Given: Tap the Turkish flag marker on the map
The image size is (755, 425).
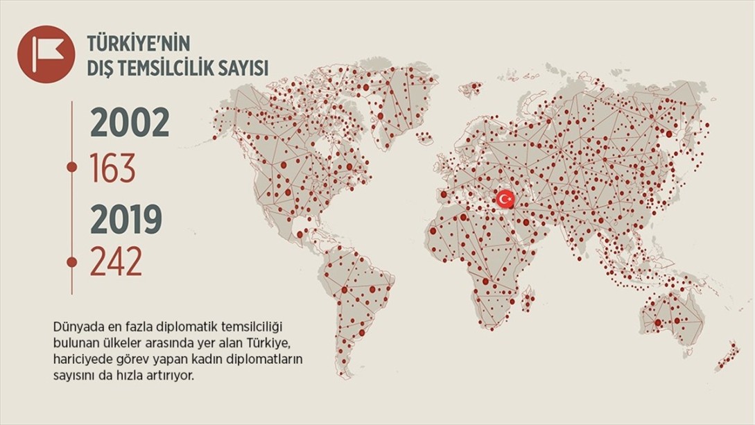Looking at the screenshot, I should (504, 200).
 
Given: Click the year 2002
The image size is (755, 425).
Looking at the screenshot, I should (130, 123).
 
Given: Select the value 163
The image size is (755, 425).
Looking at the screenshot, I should (113, 168).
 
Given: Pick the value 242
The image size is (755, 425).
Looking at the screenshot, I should (116, 262).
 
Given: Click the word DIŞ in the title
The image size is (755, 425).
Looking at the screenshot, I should (98, 68).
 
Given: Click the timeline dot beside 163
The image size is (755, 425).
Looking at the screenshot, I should (71, 167).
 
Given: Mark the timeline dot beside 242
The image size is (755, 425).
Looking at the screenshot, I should (71, 261).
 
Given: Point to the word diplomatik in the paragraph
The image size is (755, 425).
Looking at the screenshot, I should (173, 325).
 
